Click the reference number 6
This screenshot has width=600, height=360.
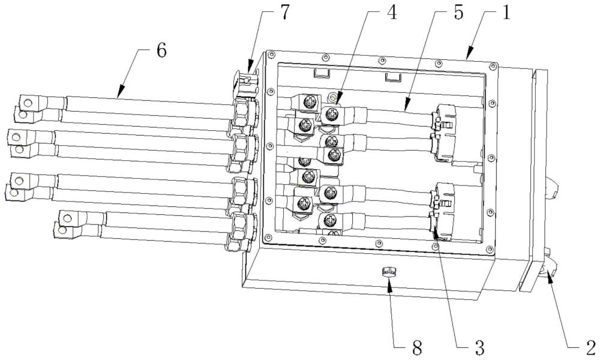(161, 50)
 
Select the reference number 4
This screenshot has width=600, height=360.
(391, 13)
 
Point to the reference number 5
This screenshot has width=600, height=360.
(458, 13)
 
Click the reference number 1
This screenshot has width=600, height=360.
(506, 13)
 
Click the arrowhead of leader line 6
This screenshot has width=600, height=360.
(119, 94)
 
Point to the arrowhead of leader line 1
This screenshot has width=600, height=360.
(469, 57)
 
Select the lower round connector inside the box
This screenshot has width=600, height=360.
(444, 212)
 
